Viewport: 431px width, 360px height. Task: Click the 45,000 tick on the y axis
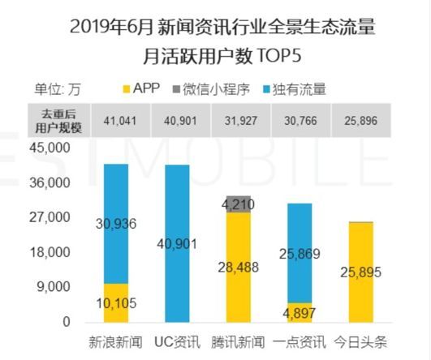click(x=52, y=148)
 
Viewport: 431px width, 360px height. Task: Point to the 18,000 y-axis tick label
click(x=52, y=252)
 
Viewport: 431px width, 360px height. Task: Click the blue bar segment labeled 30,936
click(x=116, y=223)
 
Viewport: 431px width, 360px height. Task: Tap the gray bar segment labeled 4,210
click(x=239, y=204)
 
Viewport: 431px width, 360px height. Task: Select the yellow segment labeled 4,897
click(x=300, y=313)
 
